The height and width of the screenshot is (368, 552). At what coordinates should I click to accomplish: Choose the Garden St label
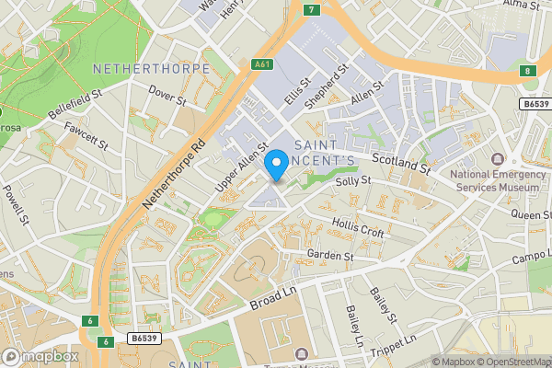point(330,254)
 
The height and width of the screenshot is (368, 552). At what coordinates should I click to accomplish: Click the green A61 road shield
point(263,65)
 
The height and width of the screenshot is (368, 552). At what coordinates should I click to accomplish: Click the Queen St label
point(531,214)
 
